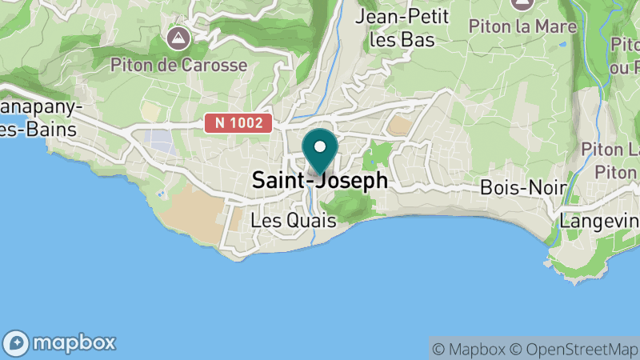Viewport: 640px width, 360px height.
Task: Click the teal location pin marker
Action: (321, 152)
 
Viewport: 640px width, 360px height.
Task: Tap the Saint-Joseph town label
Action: (320, 181)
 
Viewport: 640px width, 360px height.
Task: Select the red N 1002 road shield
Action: (239, 123)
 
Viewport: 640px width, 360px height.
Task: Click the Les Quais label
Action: (294, 220)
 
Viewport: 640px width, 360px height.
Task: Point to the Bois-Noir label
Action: (524, 188)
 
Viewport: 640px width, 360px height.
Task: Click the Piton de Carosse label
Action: (178, 64)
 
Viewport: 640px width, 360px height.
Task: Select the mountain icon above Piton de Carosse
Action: (178, 37)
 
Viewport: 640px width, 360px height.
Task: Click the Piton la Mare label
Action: (523, 26)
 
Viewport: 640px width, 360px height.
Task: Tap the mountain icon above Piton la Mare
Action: (523, 4)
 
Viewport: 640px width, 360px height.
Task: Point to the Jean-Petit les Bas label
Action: (403, 27)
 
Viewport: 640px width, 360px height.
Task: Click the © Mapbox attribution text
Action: (469, 349)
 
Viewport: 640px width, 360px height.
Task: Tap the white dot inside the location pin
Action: (321, 146)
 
